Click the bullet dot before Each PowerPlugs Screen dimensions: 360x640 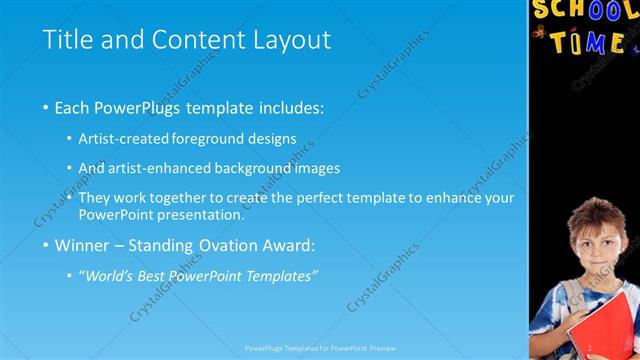46,105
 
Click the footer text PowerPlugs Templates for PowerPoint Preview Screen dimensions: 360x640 320,349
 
